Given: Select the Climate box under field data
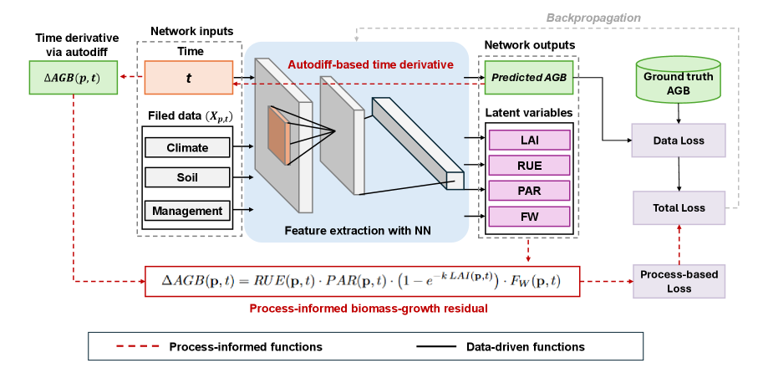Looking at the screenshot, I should coord(187,148).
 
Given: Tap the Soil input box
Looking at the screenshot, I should coord(187,177).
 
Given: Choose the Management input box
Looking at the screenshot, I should coord(187,210).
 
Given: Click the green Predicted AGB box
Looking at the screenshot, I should coord(528,77).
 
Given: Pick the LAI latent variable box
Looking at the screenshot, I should coord(528,140).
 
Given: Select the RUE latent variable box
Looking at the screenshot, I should coord(528,165).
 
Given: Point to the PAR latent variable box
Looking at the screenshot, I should coord(528,191).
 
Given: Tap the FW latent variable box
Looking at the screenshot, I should coord(528,217).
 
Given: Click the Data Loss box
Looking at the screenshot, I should coord(679,141).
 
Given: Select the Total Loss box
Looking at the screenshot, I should coord(679,207).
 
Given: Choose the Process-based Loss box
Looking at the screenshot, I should coord(679,280).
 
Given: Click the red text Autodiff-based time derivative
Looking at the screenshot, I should coord(369,64).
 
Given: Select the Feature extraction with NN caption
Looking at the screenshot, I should coord(357,230).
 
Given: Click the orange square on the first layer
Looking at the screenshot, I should coord(278,135).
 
